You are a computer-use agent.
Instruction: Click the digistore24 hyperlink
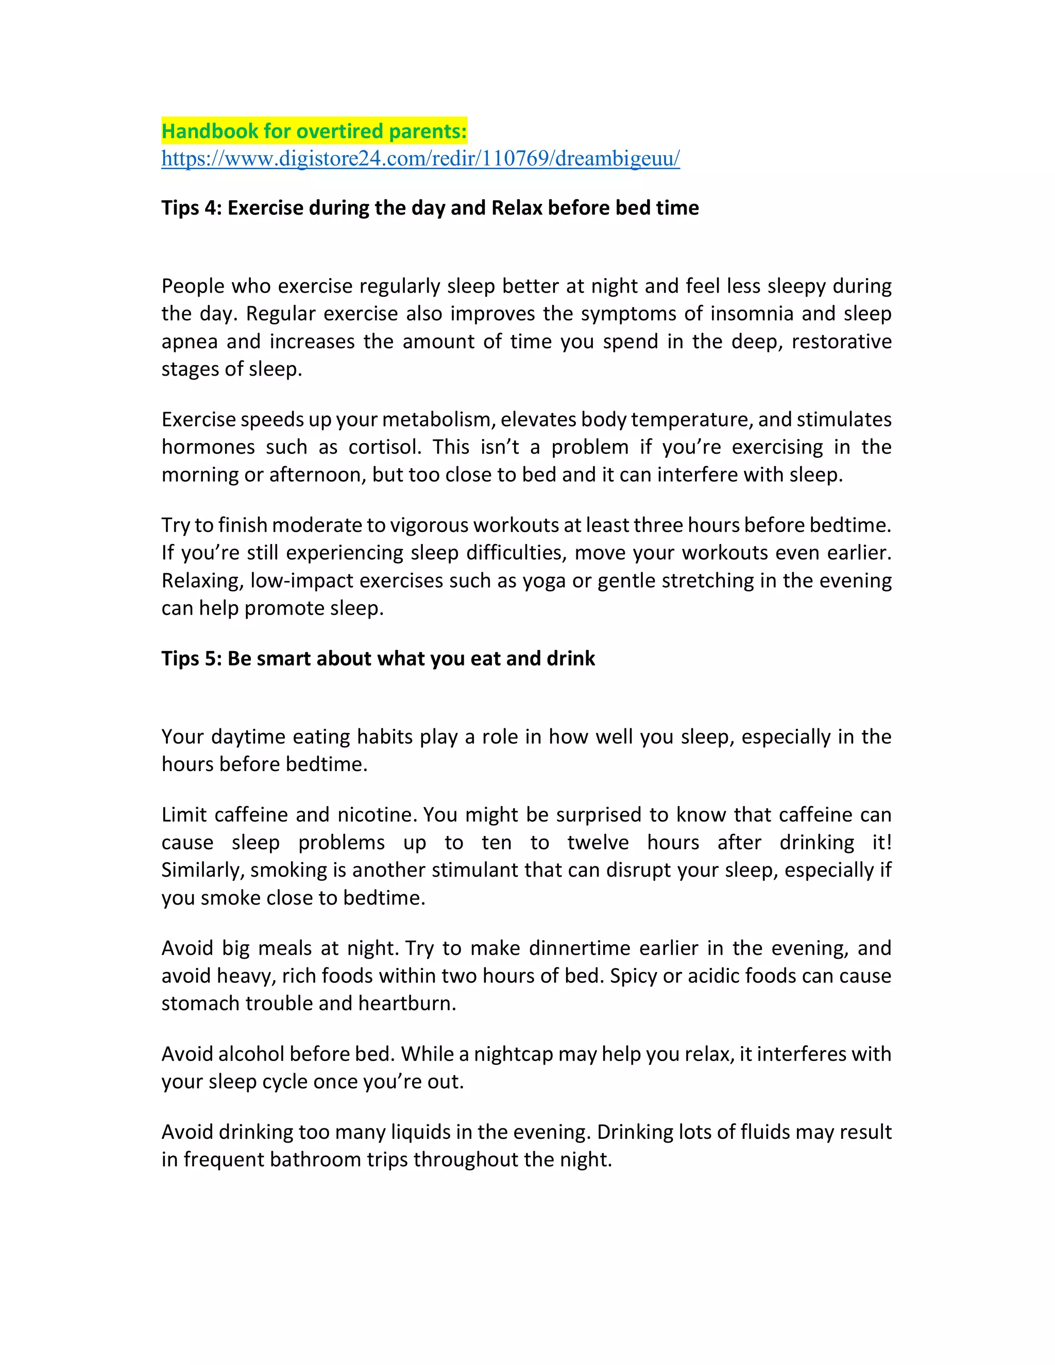click(x=420, y=159)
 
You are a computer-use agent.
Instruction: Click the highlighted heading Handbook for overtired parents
click(x=314, y=131)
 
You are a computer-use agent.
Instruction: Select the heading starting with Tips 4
click(x=430, y=208)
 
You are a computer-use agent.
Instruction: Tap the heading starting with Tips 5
click(x=378, y=658)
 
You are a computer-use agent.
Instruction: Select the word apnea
click(x=190, y=342)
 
